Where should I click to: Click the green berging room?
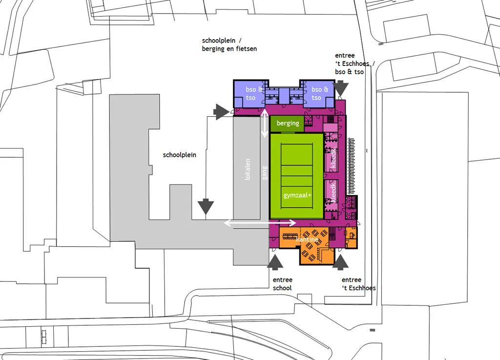[x=287, y=124]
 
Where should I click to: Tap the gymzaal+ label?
[x=297, y=195]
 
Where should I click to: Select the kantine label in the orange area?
[x=307, y=239]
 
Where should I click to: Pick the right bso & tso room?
[x=317, y=93]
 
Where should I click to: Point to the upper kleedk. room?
[x=331, y=157]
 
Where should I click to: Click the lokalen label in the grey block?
[x=248, y=169]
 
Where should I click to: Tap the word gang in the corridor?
[x=264, y=173]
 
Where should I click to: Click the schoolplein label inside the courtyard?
[x=180, y=155]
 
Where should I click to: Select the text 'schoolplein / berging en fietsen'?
[x=229, y=44]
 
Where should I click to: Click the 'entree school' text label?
[x=283, y=284]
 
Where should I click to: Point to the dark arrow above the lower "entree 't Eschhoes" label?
[x=340, y=262]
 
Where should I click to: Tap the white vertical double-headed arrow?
[x=264, y=123]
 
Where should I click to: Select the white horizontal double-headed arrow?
[x=260, y=223]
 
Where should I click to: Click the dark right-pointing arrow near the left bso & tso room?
[x=221, y=111]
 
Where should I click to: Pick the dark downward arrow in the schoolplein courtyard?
[x=206, y=207]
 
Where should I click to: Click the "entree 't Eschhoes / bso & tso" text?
[x=355, y=64]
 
